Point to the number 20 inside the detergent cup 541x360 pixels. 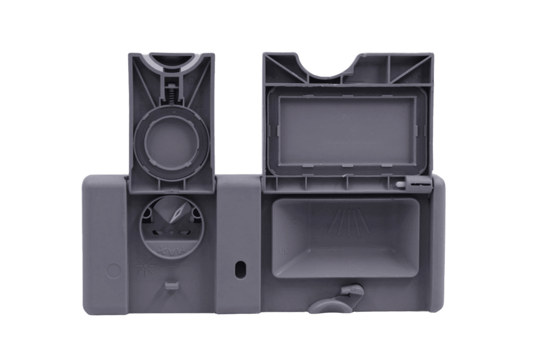pos(292,222)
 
